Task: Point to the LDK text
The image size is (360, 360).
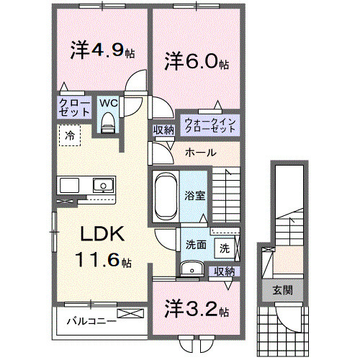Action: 103,234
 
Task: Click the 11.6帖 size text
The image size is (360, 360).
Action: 105,260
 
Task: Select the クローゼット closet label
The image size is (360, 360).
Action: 74,108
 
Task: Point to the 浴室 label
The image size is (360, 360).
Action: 195,194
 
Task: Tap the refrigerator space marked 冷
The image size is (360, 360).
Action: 71,135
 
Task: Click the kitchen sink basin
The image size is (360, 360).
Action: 104,186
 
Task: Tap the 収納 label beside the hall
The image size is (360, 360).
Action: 163,130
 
